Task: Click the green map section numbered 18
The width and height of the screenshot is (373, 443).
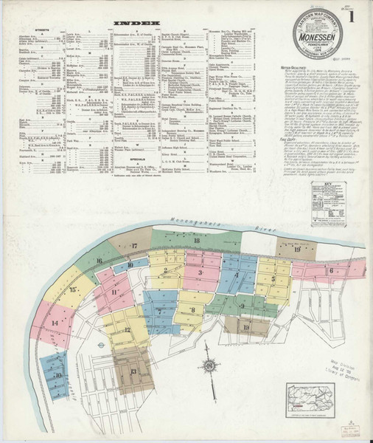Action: point(197,241)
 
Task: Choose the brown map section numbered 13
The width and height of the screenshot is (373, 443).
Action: point(133,371)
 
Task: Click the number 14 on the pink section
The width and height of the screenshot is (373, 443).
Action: point(55,323)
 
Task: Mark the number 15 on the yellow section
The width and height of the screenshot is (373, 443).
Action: point(73,290)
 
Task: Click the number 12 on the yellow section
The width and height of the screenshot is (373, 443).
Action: point(127,330)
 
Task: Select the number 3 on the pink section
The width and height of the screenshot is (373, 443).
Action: point(199,272)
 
